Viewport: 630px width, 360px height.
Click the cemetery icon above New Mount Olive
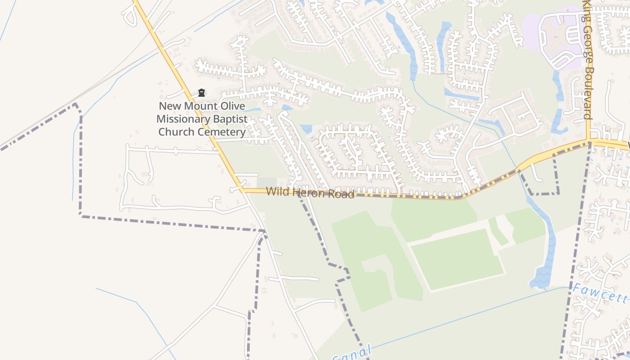click(x=202, y=93)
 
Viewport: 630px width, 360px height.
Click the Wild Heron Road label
click(x=310, y=193)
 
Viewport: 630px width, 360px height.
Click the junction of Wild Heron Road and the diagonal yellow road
click(x=243, y=190)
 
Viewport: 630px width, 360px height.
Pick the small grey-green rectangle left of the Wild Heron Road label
click(x=266, y=182)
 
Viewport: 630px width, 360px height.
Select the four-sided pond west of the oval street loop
click(x=306, y=129)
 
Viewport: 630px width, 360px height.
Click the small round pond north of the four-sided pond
click(x=286, y=108)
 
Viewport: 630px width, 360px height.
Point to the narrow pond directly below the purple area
click(x=558, y=85)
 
